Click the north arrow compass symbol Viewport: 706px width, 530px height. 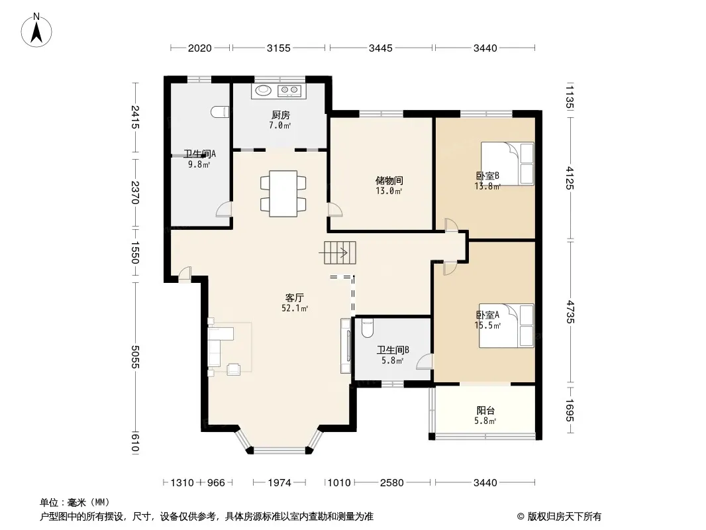[x=36, y=30]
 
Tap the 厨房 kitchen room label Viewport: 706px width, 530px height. [x=281, y=115]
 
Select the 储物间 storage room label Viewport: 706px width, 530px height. [x=389, y=181]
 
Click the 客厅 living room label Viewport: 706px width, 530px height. [x=295, y=297]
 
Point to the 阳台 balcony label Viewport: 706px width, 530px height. [x=485, y=410]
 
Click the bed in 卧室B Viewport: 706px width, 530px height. [x=507, y=164]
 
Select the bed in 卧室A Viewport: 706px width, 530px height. [x=506, y=325]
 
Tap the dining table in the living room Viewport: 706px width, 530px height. [x=283, y=193]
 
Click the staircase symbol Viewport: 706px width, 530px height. [x=340, y=252]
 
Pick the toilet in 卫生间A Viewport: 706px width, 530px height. [x=220, y=112]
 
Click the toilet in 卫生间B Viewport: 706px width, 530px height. [x=368, y=328]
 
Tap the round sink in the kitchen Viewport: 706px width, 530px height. [x=264, y=91]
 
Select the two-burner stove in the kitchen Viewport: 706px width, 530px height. [x=289, y=91]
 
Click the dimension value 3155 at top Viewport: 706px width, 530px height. [x=279, y=48]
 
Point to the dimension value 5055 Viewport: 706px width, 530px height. [x=134, y=357]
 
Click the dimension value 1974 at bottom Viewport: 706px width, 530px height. [x=279, y=483]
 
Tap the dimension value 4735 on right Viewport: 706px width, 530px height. [x=570, y=312]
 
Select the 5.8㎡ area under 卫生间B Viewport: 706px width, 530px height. [x=392, y=360]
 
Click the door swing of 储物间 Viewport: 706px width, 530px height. [x=335, y=210]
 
